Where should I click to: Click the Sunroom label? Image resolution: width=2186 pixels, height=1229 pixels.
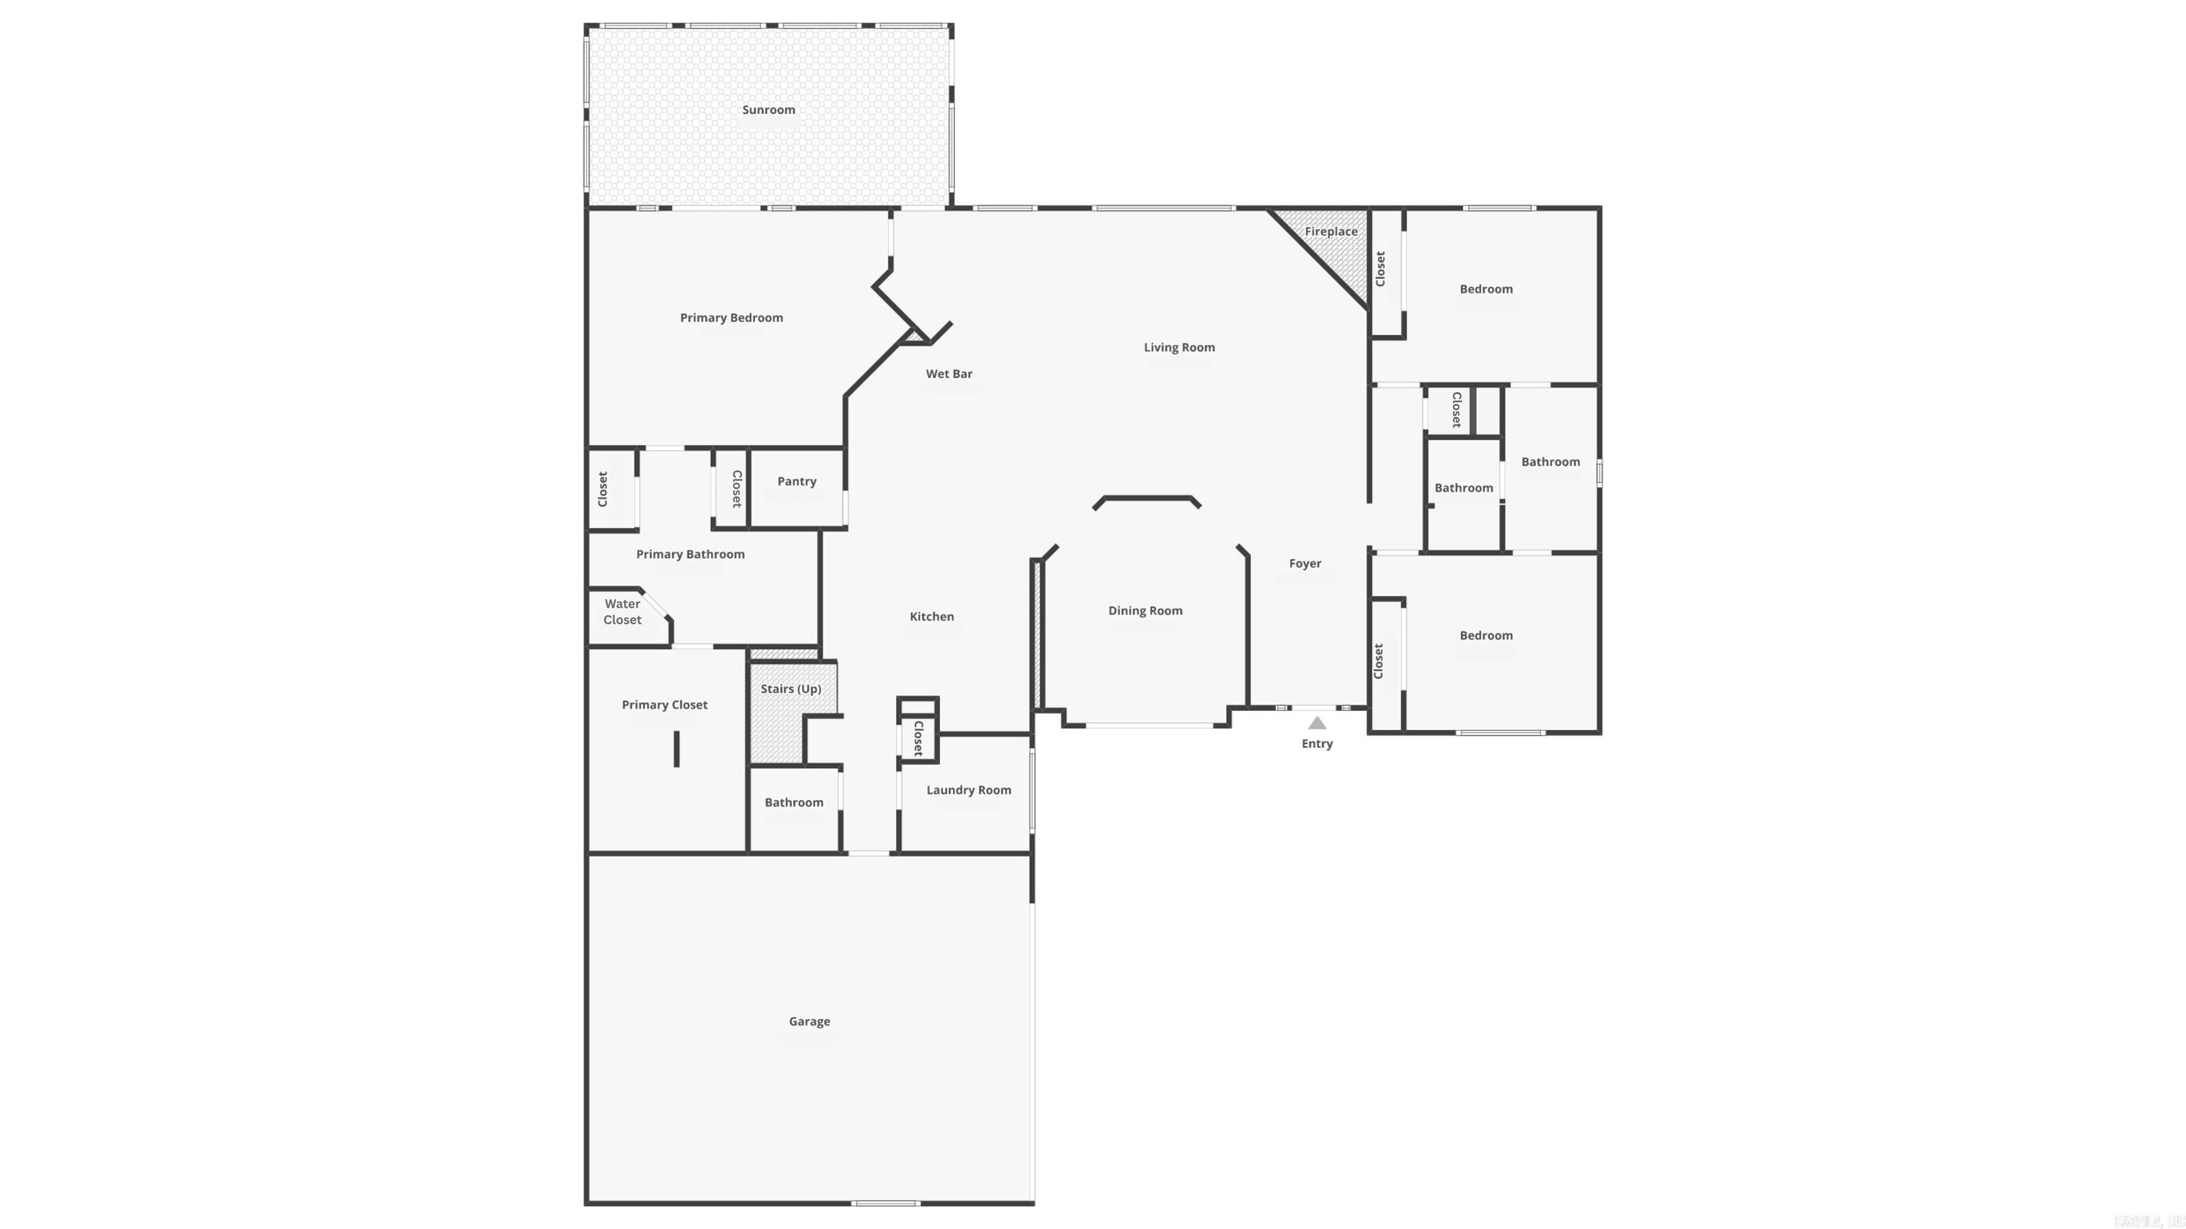click(x=768, y=110)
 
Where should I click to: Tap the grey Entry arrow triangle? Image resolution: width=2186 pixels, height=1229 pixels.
click(x=1316, y=723)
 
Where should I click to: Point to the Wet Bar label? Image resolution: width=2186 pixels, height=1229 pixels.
click(x=949, y=374)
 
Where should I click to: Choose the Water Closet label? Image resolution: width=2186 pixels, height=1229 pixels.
click(x=622, y=612)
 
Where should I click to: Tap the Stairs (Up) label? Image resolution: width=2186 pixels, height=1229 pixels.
click(x=790, y=688)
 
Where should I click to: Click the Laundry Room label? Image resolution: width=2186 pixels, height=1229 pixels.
click(x=968, y=790)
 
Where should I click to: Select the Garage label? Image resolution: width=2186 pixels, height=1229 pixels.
click(x=808, y=1021)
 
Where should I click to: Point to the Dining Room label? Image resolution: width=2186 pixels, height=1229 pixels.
click(x=1145, y=611)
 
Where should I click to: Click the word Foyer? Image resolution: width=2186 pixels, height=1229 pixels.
click(x=1305, y=564)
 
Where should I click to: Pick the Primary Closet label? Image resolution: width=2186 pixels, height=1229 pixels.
click(x=665, y=705)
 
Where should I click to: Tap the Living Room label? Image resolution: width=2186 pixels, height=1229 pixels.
click(x=1178, y=347)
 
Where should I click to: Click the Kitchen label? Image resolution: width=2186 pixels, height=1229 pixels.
click(x=931, y=616)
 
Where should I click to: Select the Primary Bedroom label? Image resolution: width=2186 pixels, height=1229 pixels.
click(x=731, y=317)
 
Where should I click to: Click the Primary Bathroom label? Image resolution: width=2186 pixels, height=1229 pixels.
click(x=690, y=554)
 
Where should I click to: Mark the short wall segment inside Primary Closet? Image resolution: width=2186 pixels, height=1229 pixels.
click(x=676, y=749)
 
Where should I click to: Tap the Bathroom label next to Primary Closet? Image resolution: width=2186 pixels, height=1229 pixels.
click(x=793, y=802)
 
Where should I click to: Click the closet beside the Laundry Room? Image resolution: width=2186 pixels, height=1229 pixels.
click(x=917, y=737)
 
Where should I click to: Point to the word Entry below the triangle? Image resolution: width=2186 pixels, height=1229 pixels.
click(x=1316, y=744)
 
